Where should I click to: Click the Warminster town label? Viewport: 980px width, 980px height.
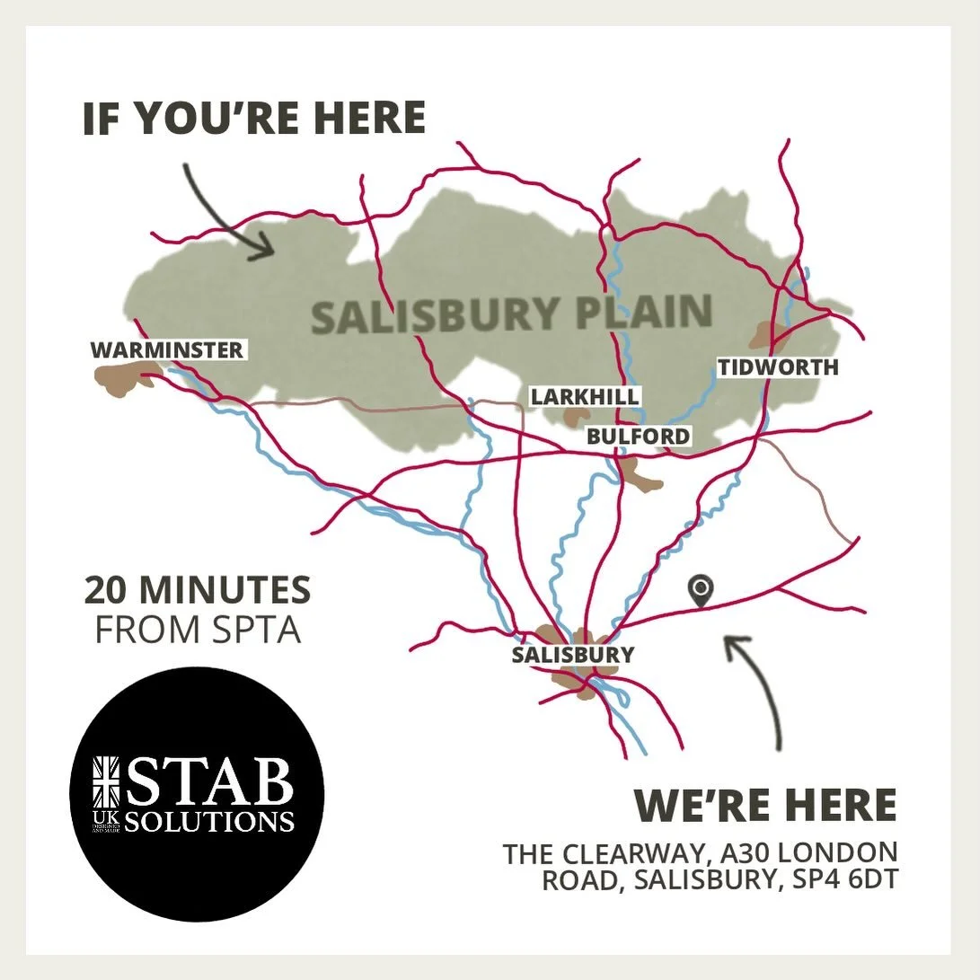[167, 349]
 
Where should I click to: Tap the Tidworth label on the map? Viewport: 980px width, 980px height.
[778, 366]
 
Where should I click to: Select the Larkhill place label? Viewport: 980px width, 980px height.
[585, 396]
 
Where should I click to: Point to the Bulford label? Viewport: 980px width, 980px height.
[639, 437]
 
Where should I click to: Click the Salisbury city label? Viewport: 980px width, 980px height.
[573, 655]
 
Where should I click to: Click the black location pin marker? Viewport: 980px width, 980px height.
[701, 589]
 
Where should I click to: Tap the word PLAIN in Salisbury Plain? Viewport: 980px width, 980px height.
[631, 313]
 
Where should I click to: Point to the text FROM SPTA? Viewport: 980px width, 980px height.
[198, 630]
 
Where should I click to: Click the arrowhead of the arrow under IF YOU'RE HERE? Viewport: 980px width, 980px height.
[264, 246]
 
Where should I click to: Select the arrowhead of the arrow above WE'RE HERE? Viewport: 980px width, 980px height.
[736, 644]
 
